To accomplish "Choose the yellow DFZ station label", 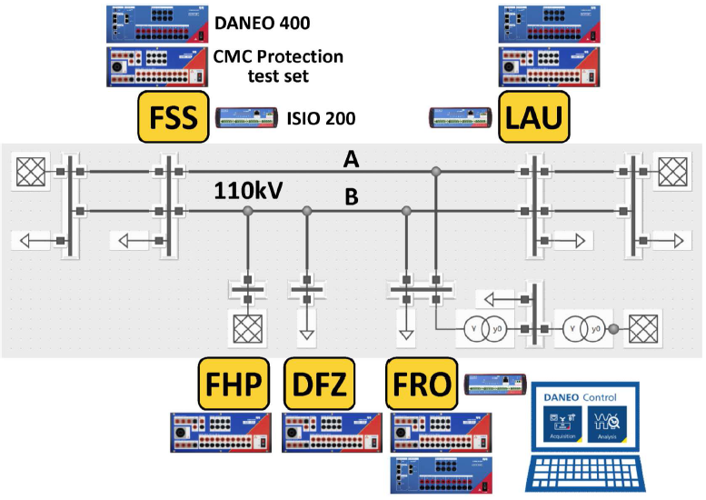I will [318, 384].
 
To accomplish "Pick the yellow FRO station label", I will [421, 384].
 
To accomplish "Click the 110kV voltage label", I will [249, 192].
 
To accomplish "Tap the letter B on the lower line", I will [351, 196].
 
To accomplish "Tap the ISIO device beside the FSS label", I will [247, 118].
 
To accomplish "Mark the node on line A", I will [436, 171].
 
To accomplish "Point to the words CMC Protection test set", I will [278, 65].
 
